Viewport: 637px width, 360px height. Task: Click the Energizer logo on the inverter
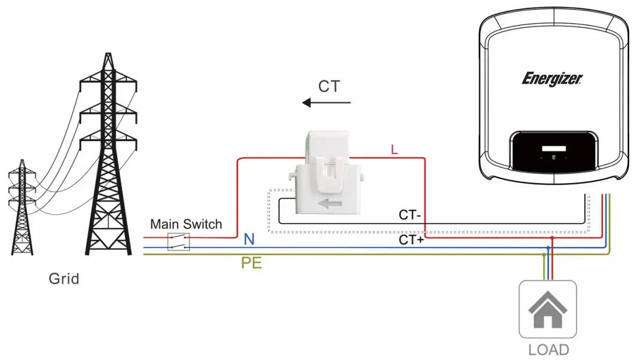point(552,79)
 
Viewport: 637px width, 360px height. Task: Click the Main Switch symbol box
point(178,242)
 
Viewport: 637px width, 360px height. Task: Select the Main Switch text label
point(186,224)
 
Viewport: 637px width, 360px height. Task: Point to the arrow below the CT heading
point(327,103)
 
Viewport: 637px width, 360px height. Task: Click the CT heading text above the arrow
point(328,86)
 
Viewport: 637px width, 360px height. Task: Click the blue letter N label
point(249,240)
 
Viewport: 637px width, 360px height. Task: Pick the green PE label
point(251,263)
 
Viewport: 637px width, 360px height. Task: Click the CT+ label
point(411,240)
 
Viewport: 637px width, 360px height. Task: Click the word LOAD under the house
point(548,349)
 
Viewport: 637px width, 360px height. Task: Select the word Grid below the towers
point(64,279)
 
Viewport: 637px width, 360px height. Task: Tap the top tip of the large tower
point(108,55)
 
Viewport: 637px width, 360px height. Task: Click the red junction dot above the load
point(551,237)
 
